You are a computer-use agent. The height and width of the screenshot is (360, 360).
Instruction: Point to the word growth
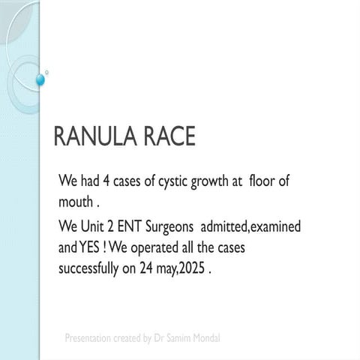(x=218, y=183)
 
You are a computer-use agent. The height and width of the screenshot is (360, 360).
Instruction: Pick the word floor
(x=265, y=183)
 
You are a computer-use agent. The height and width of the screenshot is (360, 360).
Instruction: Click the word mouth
(x=75, y=202)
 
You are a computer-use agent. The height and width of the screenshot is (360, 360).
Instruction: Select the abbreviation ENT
(x=135, y=226)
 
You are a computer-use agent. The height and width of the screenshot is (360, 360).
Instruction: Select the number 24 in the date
(x=152, y=268)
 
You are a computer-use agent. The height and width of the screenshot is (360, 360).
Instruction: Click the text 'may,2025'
(x=184, y=268)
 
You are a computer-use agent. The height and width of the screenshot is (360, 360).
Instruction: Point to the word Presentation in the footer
(x=88, y=338)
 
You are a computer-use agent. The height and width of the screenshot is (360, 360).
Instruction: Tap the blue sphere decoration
(x=40, y=79)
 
